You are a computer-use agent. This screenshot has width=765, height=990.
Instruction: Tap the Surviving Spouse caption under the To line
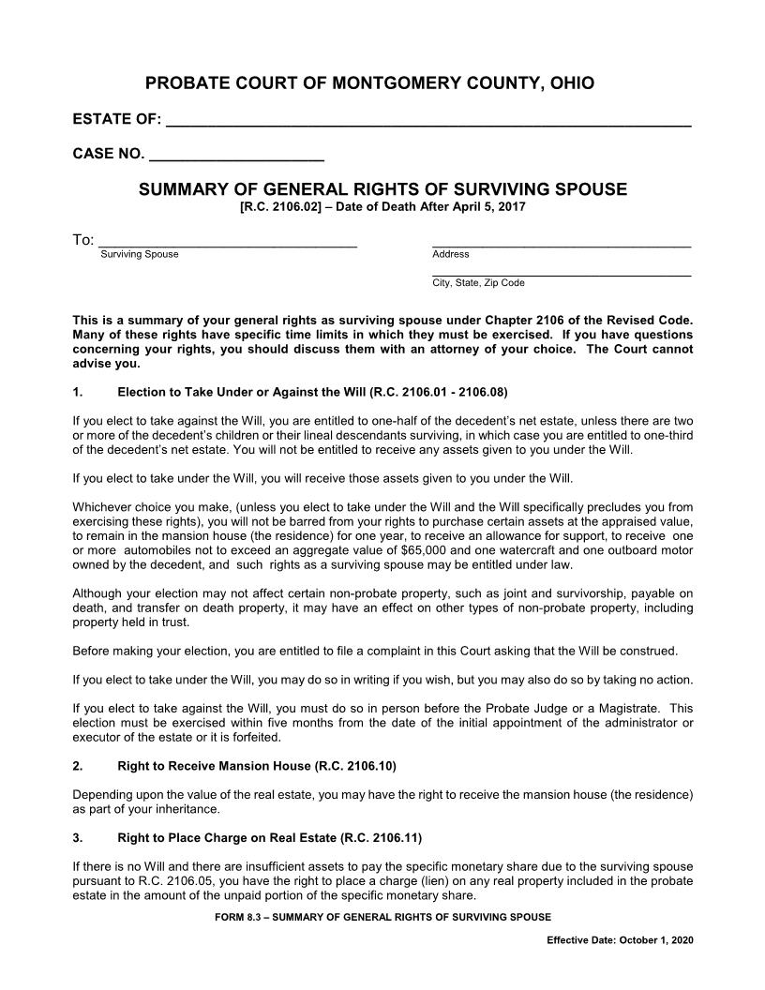click(x=139, y=254)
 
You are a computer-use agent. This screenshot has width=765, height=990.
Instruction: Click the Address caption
click(x=450, y=254)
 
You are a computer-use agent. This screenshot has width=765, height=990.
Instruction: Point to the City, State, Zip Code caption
click(x=478, y=282)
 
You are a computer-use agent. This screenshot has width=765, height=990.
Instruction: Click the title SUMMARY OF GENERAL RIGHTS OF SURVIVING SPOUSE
click(x=382, y=189)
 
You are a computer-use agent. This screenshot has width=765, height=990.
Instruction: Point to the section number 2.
click(x=77, y=766)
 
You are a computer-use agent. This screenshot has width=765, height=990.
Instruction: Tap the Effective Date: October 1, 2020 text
click(x=620, y=940)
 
